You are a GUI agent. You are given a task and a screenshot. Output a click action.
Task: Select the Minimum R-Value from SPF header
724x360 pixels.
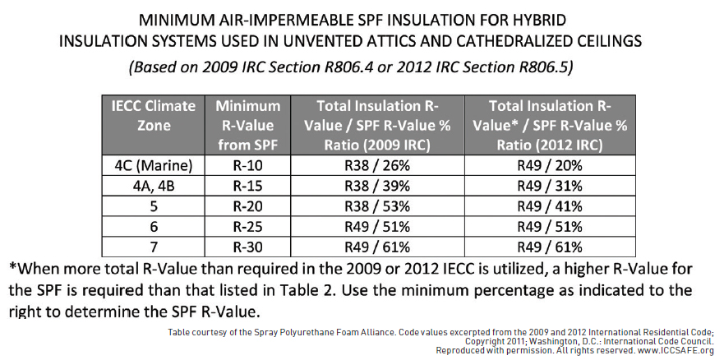pyautogui.click(x=248, y=125)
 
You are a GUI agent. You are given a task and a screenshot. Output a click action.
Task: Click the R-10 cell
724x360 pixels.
pyautogui.click(x=248, y=165)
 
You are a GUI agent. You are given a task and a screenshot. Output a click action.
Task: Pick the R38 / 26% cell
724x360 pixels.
pyautogui.click(x=377, y=165)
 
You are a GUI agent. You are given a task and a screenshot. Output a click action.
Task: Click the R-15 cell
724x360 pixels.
pyautogui.click(x=248, y=186)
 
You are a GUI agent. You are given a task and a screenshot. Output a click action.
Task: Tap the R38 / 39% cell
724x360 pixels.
pyautogui.click(x=377, y=186)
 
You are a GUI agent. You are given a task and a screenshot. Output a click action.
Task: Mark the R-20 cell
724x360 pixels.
pyautogui.click(x=248, y=206)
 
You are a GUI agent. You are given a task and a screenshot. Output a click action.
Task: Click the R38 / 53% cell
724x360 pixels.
pyautogui.click(x=377, y=206)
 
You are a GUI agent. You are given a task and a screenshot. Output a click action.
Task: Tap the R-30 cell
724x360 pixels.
pyautogui.click(x=248, y=247)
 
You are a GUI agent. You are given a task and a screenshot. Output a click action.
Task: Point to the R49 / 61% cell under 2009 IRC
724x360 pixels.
pyautogui.click(x=377, y=247)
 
